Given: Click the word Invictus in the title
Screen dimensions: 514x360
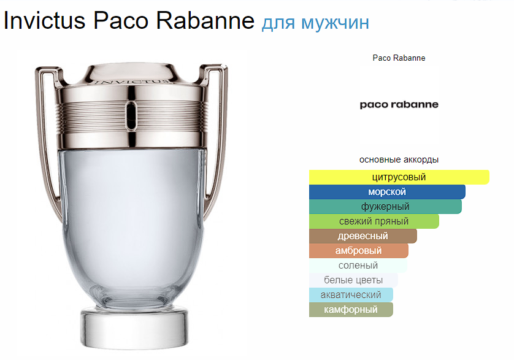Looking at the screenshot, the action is coord(45,20).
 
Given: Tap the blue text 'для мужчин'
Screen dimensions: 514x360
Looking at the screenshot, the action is coord(315,23).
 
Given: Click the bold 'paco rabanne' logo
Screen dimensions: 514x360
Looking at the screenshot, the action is coord(399,105).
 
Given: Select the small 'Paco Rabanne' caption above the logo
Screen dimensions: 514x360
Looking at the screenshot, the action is coord(399,58).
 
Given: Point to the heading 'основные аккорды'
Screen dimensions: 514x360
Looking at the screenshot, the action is coord(399,159).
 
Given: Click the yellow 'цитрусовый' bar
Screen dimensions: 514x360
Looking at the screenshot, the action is coord(399,177).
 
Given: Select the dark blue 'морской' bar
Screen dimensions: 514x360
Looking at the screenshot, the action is coord(387,192).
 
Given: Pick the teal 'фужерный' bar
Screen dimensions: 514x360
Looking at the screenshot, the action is coord(385,207).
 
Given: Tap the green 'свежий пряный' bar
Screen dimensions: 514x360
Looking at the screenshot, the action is coord(374,221).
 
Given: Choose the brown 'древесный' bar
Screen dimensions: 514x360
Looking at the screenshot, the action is coord(363,236).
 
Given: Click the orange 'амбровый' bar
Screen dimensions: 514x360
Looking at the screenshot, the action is coord(359,251).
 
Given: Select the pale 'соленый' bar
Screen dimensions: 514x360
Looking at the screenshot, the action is coord(358,266).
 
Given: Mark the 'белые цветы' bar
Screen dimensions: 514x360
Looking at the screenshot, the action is coord(353,280).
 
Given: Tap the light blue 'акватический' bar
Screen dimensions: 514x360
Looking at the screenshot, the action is coord(351,295).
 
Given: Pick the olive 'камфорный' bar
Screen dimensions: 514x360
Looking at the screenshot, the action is coord(351,310).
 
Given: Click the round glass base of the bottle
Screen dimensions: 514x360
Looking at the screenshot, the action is coord(134,328).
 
